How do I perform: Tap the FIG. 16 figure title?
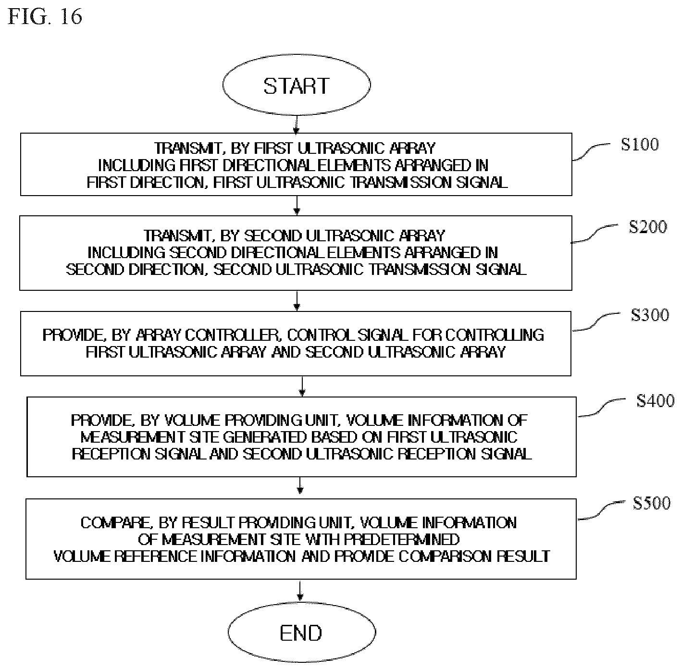tap(45, 17)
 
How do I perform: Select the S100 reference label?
tap(640, 145)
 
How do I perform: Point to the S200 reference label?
tap(648, 227)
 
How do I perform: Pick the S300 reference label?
tap(650, 315)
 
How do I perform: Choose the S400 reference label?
tap(656, 401)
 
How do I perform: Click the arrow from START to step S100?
tap(297, 124)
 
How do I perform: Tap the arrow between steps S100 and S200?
tap(297, 205)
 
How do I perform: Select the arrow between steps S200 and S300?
tap(297, 301)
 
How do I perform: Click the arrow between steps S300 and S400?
tap(302, 386)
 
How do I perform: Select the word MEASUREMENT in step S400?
tap(133, 437)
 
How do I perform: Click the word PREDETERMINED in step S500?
tap(402, 540)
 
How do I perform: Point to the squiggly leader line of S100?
tap(591, 152)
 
